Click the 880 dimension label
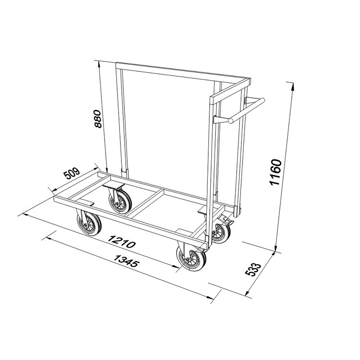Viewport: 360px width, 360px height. pyautogui.click(x=98, y=119)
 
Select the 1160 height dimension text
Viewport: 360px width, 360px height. pyautogui.click(x=276, y=172)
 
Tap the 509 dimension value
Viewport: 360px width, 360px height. pyautogui.click(x=72, y=173)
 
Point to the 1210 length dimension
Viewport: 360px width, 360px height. pyautogui.click(x=121, y=241)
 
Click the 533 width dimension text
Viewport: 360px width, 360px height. pyautogui.click(x=253, y=270)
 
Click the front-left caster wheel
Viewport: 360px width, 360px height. pyautogui.click(x=89, y=224)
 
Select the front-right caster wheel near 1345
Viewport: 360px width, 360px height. pyautogui.click(x=191, y=258)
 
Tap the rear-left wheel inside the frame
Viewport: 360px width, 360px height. pyautogui.click(x=120, y=202)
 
